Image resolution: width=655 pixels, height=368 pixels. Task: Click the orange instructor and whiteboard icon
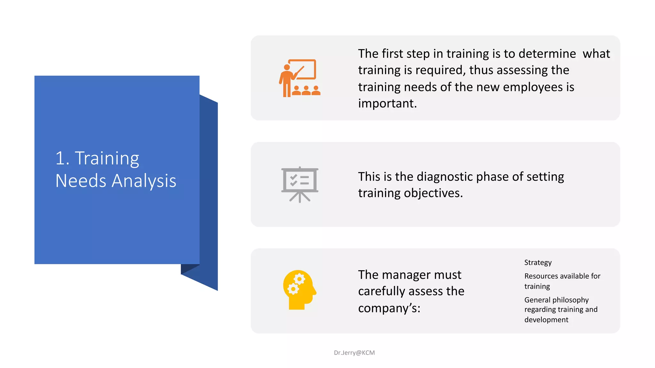tap(300, 78)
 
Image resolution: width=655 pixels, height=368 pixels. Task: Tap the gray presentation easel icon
tap(300, 184)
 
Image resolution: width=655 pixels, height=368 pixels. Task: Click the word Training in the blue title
tap(107, 158)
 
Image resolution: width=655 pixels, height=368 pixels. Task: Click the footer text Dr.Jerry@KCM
tap(354, 353)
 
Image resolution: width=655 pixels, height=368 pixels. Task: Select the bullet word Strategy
tap(538, 263)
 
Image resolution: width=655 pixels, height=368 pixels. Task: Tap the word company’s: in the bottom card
tap(389, 308)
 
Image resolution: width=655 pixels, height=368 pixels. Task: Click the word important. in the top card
tap(387, 103)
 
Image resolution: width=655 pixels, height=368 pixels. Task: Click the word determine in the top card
tap(547, 54)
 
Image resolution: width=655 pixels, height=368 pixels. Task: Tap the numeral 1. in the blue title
tap(62, 158)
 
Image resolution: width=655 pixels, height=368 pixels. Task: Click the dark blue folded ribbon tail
tap(209, 192)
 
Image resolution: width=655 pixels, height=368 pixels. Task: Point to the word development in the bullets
tap(546, 320)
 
